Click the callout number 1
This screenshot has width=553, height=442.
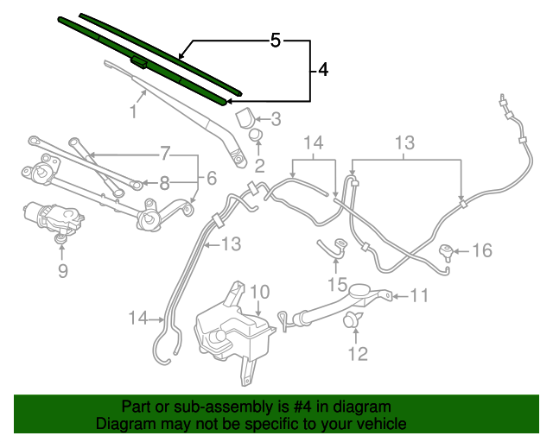(x=134, y=111)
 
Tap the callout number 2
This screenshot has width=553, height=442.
(x=258, y=163)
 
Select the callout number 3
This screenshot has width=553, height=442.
(x=276, y=119)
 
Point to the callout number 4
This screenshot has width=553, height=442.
(x=321, y=70)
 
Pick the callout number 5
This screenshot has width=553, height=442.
(x=275, y=40)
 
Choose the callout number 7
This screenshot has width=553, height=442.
(x=164, y=155)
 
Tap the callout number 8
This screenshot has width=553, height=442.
(x=164, y=182)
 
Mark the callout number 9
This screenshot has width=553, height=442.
(x=62, y=271)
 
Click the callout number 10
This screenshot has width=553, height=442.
(x=259, y=292)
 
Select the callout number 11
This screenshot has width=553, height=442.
(x=418, y=296)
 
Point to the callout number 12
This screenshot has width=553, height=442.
(x=357, y=352)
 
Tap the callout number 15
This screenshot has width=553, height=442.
(x=336, y=284)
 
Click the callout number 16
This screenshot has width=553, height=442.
(x=481, y=251)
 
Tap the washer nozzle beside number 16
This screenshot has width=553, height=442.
(x=446, y=253)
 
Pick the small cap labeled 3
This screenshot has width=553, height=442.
(x=245, y=116)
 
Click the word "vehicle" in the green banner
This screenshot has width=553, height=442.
(x=378, y=425)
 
